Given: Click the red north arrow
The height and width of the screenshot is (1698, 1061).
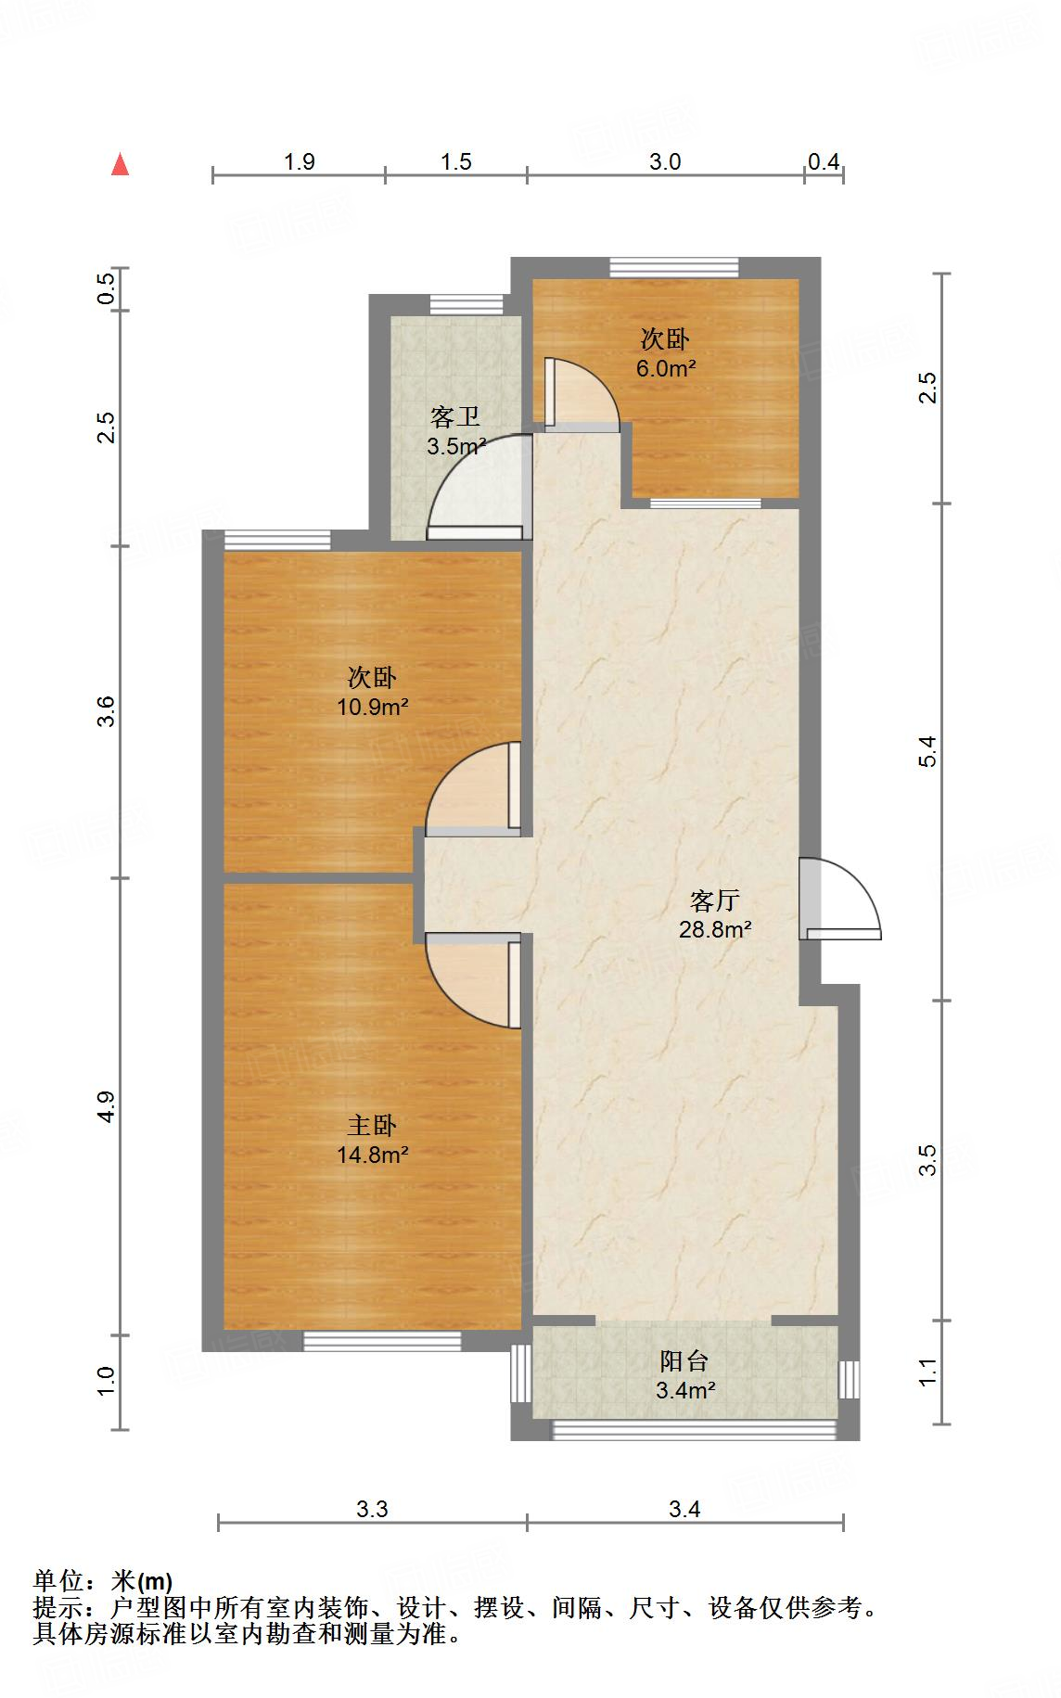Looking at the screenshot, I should tap(120, 165).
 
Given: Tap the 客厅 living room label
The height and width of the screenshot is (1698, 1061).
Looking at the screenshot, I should tap(714, 900).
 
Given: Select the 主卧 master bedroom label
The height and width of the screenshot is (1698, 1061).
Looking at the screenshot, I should tap(372, 1126).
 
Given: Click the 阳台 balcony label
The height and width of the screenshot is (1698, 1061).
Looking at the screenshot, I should tap(684, 1360).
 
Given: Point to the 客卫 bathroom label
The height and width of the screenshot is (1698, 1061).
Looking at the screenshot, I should tap(455, 417).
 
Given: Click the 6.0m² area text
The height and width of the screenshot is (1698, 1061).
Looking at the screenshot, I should tap(665, 368).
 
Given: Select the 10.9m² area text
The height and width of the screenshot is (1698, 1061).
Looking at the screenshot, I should tap(372, 708).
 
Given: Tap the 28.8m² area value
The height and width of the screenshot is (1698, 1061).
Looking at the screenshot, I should tap(714, 929).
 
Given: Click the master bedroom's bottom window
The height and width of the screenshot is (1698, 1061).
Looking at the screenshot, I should tap(382, 1340).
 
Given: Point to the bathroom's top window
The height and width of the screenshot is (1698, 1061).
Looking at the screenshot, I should tap(467, 304).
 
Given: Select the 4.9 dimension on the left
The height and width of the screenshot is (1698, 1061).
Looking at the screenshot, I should tap(107, 1106).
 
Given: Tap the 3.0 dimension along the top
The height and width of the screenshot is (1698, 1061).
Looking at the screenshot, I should tap(664, 162).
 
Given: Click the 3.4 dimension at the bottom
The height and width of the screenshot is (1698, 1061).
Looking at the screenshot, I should tap(684, 1510).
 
